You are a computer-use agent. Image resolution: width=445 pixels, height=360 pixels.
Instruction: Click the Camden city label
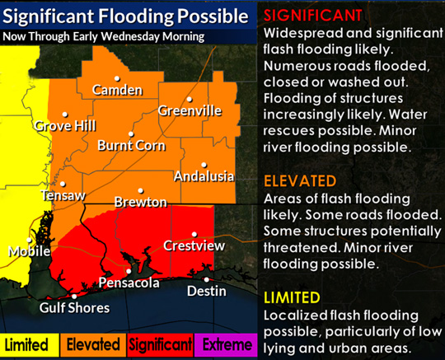(x=112, y=89)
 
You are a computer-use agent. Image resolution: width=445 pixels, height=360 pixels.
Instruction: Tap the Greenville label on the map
(x=190, y=110)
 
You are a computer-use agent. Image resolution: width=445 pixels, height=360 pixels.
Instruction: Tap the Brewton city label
(x=141, y=202)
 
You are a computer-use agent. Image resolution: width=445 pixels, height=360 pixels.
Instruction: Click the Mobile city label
(x=30, y=251)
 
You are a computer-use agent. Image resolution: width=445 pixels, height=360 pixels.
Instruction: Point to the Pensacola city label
(x=129, y=283)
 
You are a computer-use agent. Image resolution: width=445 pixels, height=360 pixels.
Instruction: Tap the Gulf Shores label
(x=75, y=307)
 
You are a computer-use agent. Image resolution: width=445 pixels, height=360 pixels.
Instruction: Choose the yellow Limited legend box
(x=26, y=344)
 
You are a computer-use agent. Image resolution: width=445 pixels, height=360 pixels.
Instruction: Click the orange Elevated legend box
(x=91, y=344)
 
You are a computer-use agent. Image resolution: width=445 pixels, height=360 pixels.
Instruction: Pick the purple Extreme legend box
(x=226, y=344)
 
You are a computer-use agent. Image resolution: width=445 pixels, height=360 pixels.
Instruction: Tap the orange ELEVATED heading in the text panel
(x=299, y=180)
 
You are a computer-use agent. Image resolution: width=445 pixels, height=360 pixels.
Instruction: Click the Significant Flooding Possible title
(x=125, y=16)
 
